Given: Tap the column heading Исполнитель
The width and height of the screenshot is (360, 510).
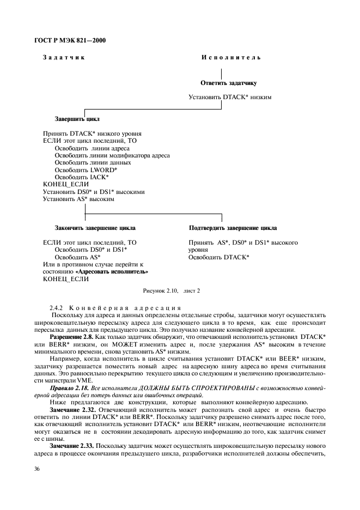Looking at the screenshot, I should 231,58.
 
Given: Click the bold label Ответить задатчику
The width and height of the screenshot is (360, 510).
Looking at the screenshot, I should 229,83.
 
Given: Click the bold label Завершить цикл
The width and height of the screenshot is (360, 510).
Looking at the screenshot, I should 77,119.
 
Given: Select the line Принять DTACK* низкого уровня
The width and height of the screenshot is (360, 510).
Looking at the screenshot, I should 92,133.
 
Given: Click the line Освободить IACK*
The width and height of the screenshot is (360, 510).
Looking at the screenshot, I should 81,177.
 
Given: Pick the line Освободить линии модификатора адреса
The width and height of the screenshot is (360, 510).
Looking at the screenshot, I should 112,155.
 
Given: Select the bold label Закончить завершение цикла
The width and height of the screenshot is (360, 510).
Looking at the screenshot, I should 95,228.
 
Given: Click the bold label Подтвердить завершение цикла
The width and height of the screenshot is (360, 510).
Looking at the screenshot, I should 233,228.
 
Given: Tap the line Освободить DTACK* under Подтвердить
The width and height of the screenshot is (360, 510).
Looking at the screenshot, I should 219,257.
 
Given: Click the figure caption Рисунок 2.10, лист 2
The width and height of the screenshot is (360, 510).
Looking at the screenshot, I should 172,291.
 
